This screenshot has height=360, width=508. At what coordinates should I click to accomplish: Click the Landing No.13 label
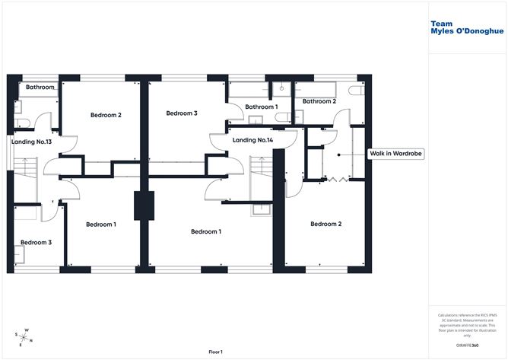click(31, 142)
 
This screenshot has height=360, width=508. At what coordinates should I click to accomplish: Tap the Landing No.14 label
click(252, 140)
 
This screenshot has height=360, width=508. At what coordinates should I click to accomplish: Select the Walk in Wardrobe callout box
click(395, 154)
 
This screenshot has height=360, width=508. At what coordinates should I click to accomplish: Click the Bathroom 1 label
click(261, 107)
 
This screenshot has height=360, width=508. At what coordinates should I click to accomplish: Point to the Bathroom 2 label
click(319, 101)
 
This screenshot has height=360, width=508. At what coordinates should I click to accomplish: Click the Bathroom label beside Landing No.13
click(40, 88)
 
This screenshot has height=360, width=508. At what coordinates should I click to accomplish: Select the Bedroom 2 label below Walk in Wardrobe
click(325, 225)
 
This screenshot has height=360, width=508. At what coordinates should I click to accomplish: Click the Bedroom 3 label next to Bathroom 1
click(182, 113)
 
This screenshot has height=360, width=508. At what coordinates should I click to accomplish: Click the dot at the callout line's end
click(340, 154)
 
